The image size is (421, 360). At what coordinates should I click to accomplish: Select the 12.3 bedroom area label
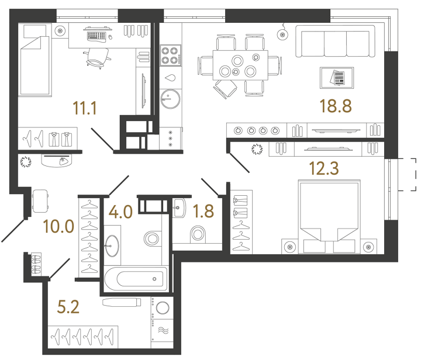(x=323, y=169)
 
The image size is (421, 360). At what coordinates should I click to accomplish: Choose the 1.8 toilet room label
(x=203, y=211)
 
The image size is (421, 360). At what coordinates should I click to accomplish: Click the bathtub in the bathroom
(x=135, y=278)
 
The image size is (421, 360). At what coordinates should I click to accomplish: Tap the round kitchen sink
(x=170, y=98)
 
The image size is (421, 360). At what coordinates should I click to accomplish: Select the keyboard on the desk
(x=97, y=36)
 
